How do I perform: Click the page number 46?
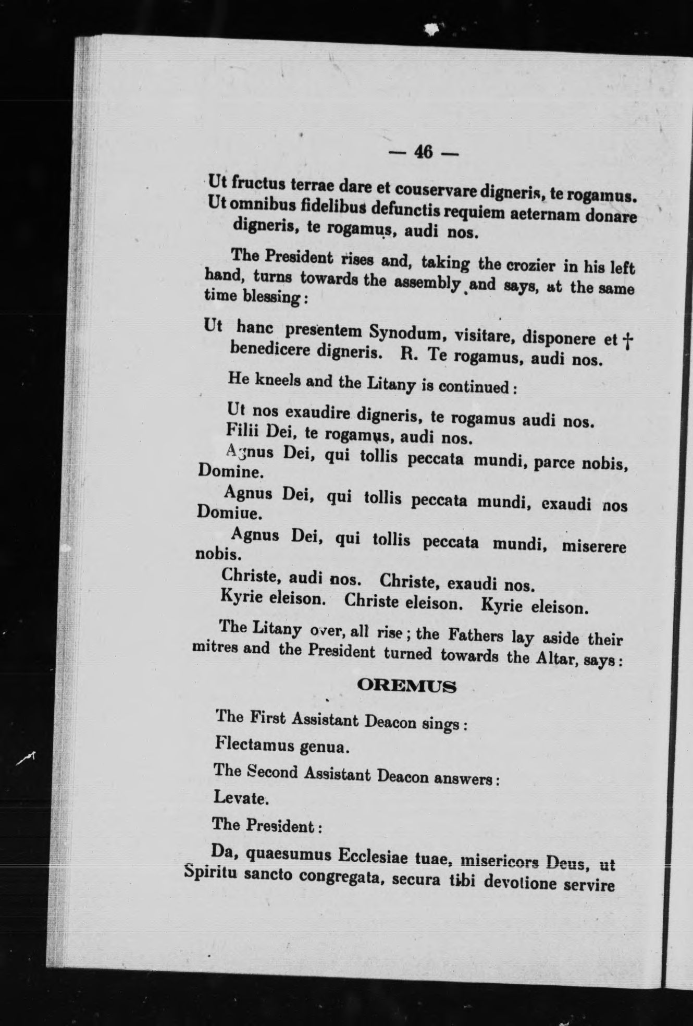click(x=423, y=152)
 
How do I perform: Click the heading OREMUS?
click(x=407, y=686)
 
